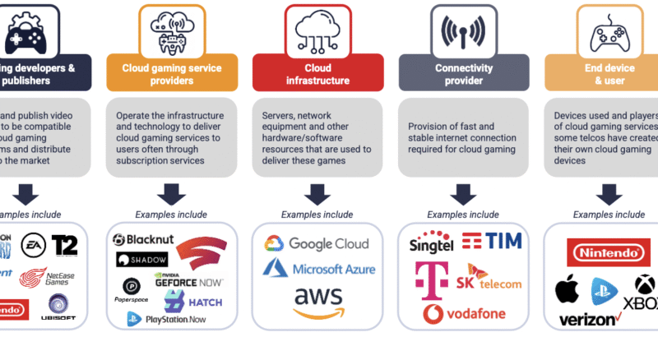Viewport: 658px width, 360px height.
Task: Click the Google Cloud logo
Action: [x=317, y=244]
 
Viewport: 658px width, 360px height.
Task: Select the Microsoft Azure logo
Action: [x=318, y=268]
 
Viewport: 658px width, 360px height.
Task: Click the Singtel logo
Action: [x=430, y=244]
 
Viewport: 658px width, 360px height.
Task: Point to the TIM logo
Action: [x=493, y=242]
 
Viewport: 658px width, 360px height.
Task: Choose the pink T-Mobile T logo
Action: [x=429, y=278]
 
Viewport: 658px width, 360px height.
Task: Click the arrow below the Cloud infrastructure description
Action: [x=317, y=193]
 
